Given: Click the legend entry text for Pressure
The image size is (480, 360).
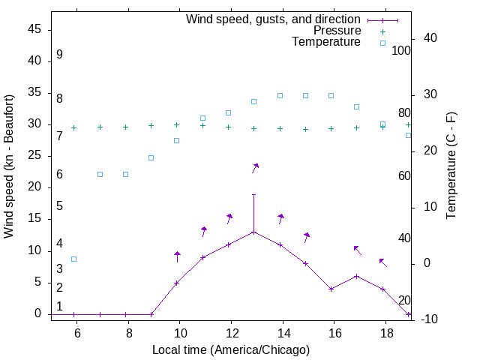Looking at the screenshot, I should click(337, 31).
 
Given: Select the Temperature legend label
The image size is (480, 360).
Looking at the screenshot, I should click(326, 42).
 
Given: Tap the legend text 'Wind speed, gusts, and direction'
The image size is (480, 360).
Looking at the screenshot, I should click(273, 19).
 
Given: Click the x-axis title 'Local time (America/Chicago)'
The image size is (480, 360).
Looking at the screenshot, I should click(230, 350).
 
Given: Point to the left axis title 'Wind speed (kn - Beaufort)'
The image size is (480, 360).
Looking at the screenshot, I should click(9, 166).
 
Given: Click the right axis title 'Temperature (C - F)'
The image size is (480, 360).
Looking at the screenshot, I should click(451, 166).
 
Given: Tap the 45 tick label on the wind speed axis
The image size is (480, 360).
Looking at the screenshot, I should click(34, 29).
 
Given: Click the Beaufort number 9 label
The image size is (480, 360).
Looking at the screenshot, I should click(59, 55).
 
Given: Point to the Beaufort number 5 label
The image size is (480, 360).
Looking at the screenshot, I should click(59, 205).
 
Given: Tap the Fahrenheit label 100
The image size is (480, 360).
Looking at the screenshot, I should click(402, 51).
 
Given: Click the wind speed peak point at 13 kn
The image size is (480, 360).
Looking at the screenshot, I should click(254, 232).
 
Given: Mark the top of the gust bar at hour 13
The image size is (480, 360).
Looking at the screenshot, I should click(254, 194).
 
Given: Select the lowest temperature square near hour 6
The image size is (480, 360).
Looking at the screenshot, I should click(74, 259).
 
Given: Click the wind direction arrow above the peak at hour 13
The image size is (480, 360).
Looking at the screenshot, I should click(255, 168).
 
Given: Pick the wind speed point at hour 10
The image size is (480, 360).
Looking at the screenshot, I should click(177, 283).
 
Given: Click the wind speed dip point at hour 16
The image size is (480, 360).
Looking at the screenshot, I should click(331, 289).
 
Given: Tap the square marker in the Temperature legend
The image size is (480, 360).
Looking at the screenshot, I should click(382, 43).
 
